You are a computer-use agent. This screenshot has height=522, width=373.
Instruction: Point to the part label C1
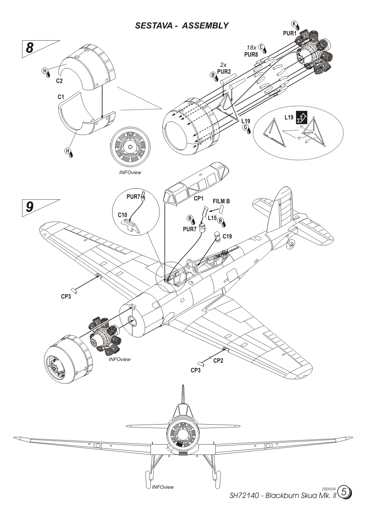[x=50, y=98]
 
